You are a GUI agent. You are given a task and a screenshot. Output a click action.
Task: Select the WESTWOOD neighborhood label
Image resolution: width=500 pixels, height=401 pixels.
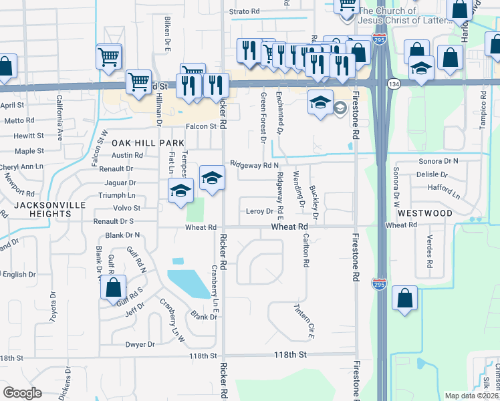point(425,213)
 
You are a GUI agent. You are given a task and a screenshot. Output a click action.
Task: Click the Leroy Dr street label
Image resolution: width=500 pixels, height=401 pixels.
point(259,211)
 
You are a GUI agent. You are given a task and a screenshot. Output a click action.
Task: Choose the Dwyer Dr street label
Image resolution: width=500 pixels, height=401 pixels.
point(140,344)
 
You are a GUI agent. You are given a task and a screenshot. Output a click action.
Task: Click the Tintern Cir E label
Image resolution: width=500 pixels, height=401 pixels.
point(304,319)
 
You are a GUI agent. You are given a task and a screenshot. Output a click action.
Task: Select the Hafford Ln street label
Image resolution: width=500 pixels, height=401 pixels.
point(444,192)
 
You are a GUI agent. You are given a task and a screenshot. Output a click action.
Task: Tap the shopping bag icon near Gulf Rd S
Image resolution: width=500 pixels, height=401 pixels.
point(114,288)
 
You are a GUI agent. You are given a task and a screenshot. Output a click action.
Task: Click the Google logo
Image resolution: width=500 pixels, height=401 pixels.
point(23,392)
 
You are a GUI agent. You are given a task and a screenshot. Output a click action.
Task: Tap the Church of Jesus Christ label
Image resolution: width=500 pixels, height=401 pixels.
point(396,15)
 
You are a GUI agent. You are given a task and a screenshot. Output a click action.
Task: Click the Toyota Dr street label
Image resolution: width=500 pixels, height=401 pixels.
point(53,305)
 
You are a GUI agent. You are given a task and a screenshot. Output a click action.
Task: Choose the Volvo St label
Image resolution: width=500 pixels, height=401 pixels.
point(126,208)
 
